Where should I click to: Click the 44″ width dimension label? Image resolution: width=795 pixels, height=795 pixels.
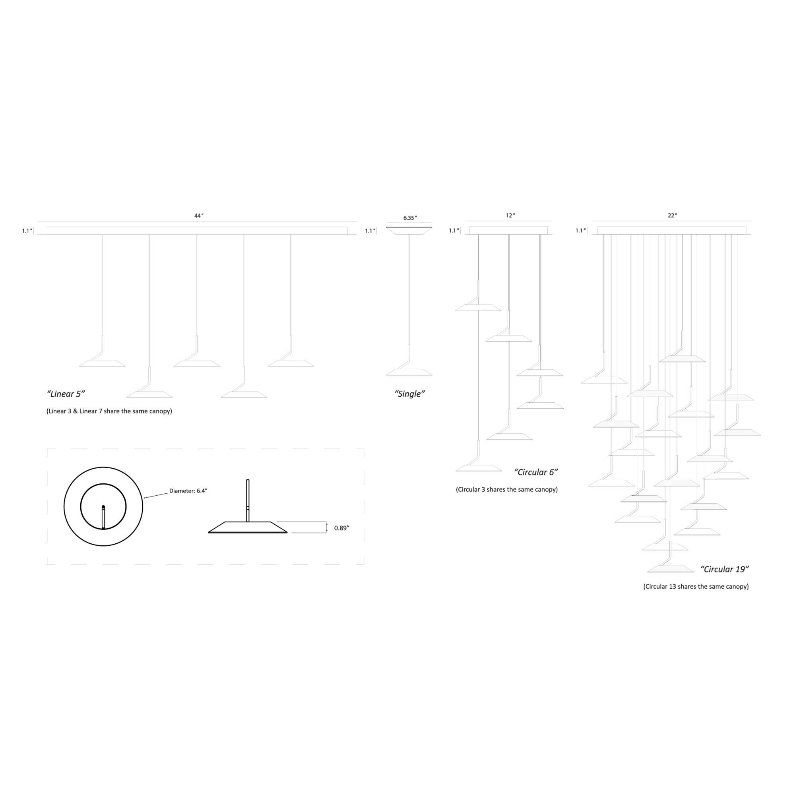click(x=199, y=215)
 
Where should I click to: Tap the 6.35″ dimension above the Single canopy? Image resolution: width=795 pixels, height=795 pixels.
click(x=410, y=218)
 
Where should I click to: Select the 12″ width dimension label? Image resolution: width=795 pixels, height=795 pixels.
click(x=510, y=215)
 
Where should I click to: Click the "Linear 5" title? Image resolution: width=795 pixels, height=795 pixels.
click(x=66, y=394)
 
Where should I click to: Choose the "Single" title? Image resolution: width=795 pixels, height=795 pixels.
click(x=409, y=394)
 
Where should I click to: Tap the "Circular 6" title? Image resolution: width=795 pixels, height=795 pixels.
click(x=536, y=472)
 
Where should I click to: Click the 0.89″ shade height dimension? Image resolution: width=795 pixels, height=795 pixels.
click(x=341, y=528)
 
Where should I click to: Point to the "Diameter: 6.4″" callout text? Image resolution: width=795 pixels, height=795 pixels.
click(x=188, y=491)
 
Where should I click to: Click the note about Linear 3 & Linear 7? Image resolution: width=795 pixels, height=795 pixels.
click(x=109, y=411)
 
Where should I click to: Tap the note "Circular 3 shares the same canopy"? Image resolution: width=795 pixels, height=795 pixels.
click(x=506, y=490)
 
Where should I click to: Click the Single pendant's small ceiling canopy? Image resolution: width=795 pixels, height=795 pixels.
click(x=409, y=230)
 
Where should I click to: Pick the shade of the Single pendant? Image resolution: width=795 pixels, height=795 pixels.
click(x=409, y=372)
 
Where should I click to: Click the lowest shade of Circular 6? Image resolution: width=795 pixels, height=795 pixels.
click(x=479, y=468)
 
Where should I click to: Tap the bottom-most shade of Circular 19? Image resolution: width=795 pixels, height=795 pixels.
click(x=670, y=569)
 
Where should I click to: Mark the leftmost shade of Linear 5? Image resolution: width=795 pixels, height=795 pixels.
click(x=102, y=363)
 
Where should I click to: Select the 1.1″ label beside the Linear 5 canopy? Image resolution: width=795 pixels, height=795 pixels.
click(x=27, y=231)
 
